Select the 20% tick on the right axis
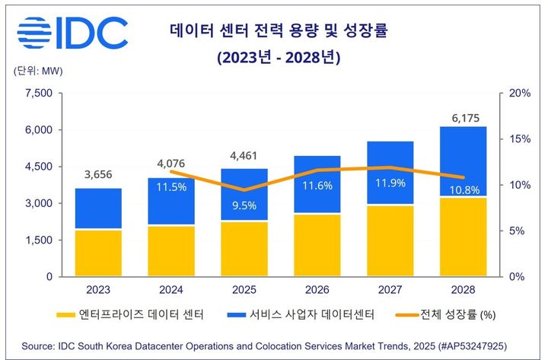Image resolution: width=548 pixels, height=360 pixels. pos(519,94)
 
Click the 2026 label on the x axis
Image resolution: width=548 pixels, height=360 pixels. pos(317,290)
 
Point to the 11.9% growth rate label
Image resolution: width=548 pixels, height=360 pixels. pos(390,183)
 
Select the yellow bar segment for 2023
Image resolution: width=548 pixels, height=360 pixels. pos(97,253)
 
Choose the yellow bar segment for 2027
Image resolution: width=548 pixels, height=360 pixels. pos(390,241)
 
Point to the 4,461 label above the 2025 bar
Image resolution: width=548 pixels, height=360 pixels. pos(244,160)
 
